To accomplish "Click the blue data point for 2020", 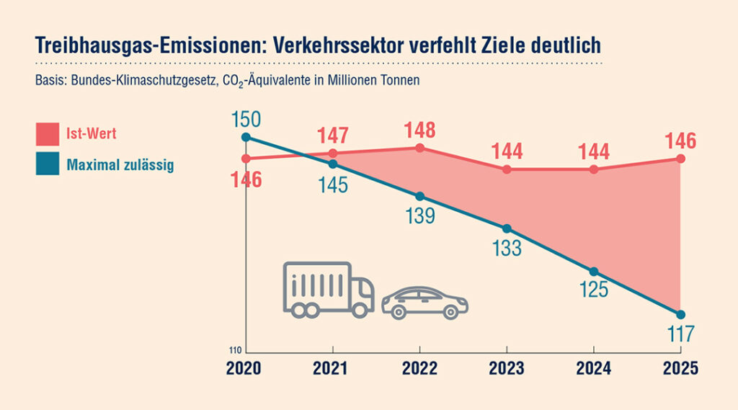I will click(x=246, y=137).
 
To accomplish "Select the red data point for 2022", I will click(x=420, y=148).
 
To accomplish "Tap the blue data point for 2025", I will click(x=681, y=314).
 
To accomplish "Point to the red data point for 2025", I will click(x=681, y=159).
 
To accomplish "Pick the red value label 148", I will click(x=420, y=130).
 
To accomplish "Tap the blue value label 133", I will click(x=507, y=248).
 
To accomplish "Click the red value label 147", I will click(x=333, y=135).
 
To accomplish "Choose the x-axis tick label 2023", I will click(x=507, y=368).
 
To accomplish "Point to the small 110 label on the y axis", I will click(x=236, y=351).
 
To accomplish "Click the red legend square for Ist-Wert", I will click(x=47, y=134).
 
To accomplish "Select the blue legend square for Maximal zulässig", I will click(x=47, y=165).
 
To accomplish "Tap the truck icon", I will click(x=328, y=290).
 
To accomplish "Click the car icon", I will click(x=424, y=303).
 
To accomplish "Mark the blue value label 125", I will click(x=594, y=290).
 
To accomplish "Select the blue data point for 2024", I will click(x=594, y=272).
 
